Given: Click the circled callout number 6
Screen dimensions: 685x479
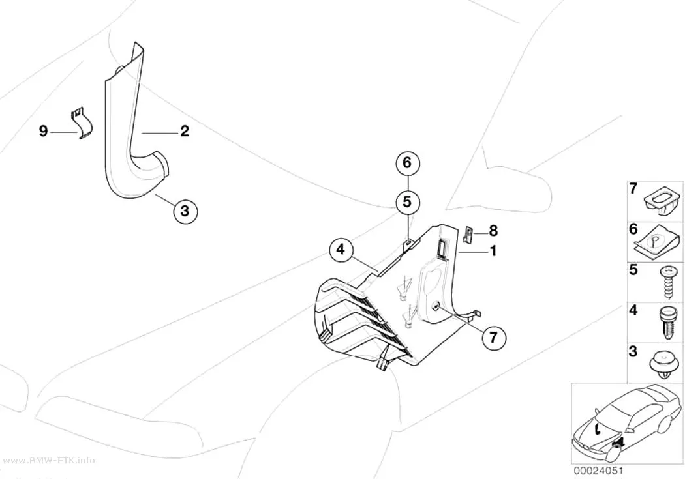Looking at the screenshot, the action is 407,163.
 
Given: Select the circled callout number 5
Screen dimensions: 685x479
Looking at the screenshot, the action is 407,202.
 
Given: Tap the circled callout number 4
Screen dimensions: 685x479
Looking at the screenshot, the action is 341,250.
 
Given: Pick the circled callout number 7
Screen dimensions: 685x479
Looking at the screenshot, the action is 494,338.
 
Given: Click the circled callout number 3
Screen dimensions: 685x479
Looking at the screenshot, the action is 185,211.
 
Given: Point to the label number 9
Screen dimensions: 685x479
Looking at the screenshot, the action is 43,131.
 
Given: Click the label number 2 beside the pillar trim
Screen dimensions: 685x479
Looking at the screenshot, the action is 185,130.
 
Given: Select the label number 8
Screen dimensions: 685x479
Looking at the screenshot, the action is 493,231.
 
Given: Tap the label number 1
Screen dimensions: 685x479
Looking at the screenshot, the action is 493,252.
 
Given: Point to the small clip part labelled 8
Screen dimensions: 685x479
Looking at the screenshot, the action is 468,235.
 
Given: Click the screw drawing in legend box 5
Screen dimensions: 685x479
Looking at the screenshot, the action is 668,282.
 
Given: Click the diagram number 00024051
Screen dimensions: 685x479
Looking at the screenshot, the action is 598,471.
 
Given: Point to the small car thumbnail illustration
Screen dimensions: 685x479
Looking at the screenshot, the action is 627,422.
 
